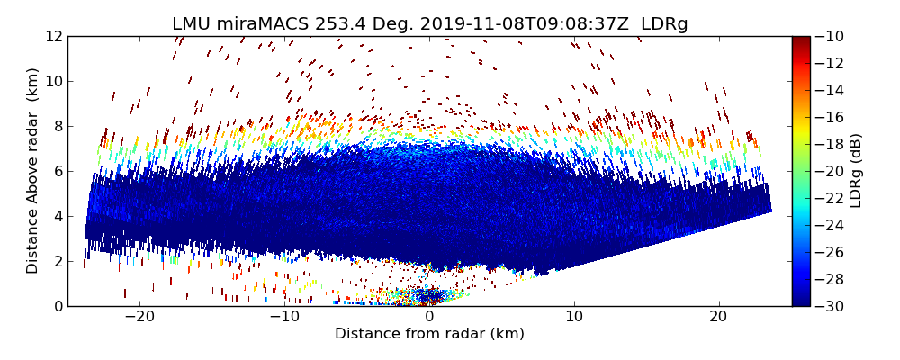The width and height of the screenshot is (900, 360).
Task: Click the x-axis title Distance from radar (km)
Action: coord(429,334)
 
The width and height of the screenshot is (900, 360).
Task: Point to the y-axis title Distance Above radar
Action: coord(33,170)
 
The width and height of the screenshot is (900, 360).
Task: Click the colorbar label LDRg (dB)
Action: coord(856,171)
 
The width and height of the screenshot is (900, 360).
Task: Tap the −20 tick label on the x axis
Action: coord(139,317)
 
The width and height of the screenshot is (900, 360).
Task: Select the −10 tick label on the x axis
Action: coord(284,317)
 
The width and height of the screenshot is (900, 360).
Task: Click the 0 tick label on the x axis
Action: coord(429,317)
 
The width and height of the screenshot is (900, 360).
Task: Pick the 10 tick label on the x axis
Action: coord(574,317)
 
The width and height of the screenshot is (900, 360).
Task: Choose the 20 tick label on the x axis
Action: coord(718,317)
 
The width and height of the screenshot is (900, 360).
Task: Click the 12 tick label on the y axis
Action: coord(54,37)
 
